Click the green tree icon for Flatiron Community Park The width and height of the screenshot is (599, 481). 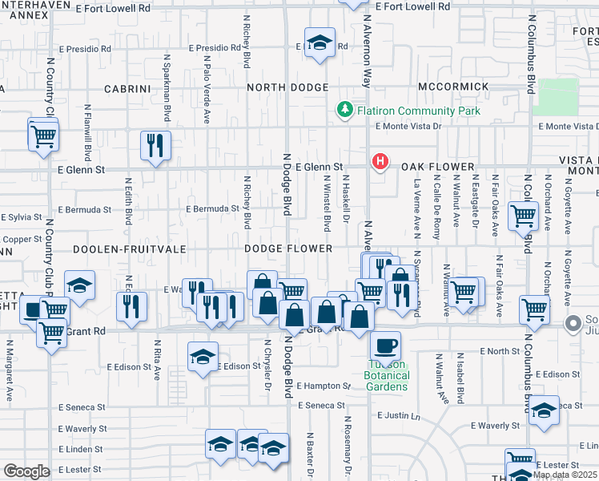point(345,109)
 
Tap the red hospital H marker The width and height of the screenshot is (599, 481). point(380,162)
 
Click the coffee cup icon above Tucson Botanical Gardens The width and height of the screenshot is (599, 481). point(385,346)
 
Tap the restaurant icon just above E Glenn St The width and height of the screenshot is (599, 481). point(155,146)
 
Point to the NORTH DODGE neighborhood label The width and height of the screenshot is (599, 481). point(287,87)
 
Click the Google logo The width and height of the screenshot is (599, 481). point(26,471)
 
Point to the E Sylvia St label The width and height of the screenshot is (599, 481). point(22,217)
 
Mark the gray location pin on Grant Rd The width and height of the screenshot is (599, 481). point(573,324)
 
